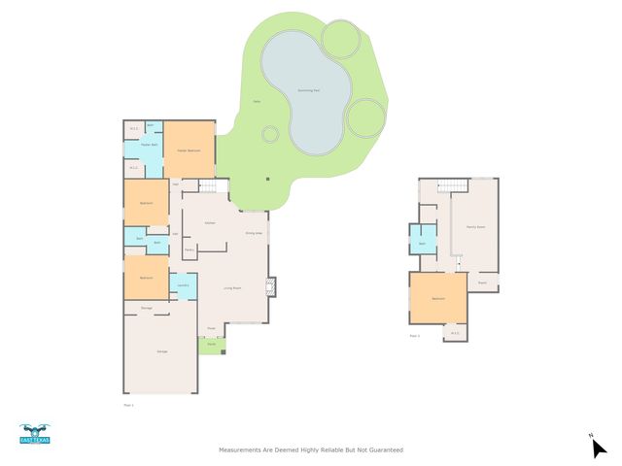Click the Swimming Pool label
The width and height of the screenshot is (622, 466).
(x=311, y=90)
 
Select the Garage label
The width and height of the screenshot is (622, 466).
(x=162, y=350)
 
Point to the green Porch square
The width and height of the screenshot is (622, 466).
(x=211, y=344)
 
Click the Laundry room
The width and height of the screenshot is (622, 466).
(x=183, y=286)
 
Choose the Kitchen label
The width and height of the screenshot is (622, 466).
(x=209, y=223)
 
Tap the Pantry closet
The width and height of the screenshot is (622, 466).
(x=189, y=250)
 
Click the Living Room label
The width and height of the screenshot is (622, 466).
(x=233, y=288)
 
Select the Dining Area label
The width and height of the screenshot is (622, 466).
(x=253, y=233)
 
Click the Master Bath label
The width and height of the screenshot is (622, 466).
(x=150, y=145)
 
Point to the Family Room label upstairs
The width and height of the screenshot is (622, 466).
(x=475, y=226)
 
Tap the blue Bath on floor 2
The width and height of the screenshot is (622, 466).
(x=423, y=243)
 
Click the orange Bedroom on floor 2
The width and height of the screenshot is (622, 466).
(x=437, y=298)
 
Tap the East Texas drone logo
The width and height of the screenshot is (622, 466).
(x=34, y=433)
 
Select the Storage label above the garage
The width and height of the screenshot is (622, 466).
(x=147, y=308)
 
